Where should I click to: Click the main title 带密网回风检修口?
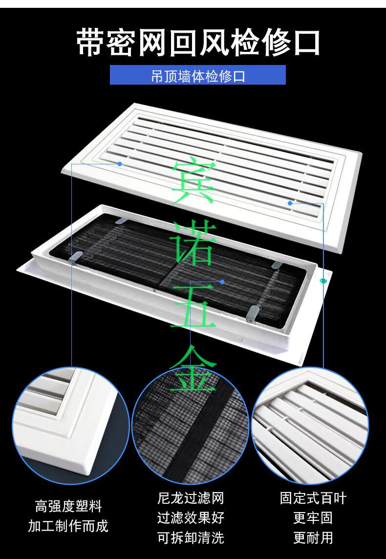198,43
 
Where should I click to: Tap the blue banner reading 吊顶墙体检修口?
197,75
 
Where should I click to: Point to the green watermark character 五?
193,306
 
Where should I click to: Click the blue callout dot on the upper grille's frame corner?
120,164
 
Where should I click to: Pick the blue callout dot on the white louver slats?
290,203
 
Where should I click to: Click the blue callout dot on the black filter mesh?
222,282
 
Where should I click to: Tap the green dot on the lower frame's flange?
323,281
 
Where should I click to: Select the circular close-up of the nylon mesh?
191,426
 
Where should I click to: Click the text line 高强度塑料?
68,506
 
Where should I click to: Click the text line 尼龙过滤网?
191,498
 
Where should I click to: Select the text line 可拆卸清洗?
191,538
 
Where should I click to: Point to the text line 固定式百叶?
313,498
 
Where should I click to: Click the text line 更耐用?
313,538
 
